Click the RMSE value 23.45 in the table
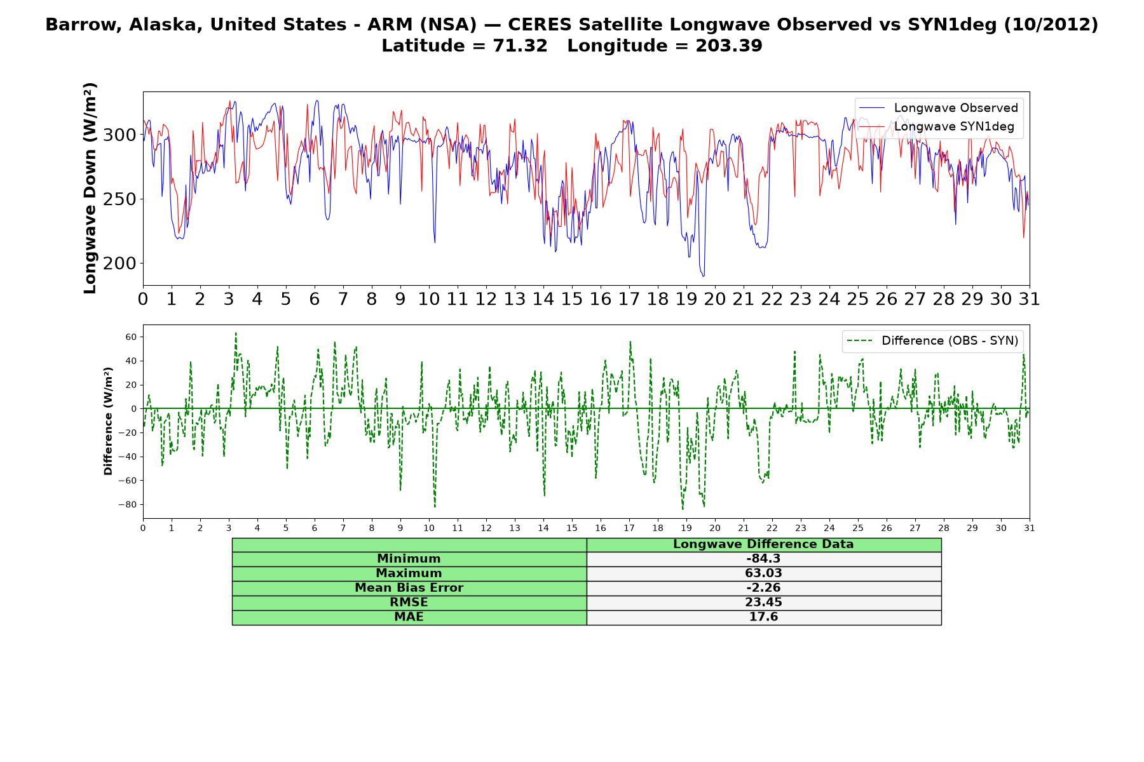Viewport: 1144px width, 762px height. (763, 603)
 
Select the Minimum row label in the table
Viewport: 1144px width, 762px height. (409, 559)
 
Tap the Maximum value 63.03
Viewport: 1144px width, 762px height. (763, 573)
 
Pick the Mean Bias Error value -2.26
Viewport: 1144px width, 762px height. (763, 588)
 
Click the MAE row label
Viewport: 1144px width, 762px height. (409, 617)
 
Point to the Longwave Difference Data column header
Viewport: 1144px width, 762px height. (763, 544)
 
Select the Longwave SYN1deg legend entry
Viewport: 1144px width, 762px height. (937, 126)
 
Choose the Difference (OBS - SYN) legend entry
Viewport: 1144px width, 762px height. (933, 341)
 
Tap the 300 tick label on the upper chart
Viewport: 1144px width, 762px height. (119, 135)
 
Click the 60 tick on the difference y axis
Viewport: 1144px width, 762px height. (131, 337)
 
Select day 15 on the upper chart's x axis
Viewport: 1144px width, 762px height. (572, 298)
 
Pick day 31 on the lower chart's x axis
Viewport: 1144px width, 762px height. (1030, 528)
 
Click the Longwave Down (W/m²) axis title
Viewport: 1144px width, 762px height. (90, 188)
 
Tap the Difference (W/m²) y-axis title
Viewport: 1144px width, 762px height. (108, 421)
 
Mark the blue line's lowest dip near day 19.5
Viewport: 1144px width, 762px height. (703, 276)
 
